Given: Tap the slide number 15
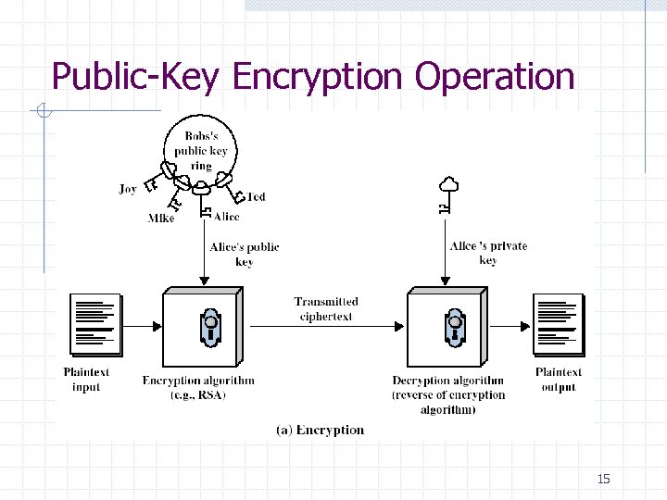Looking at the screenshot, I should pos(604,479).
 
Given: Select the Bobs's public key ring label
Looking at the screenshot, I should pos(201,151).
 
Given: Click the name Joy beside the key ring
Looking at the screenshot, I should pos(128,189).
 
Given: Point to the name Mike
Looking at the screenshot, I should pos(161,219).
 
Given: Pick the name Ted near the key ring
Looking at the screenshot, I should pos(256,197).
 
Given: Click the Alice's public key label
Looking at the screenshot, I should pos(245,254).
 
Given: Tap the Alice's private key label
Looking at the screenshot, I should pos(488,253).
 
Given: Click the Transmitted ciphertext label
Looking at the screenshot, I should pos(326,308).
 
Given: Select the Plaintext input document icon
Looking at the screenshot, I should pos(95,324).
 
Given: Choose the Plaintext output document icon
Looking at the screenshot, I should pos(558,324).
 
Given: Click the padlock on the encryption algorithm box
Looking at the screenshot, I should pos(211,327).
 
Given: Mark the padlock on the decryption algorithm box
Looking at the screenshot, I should pos(455,327).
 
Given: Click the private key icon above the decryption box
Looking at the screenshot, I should pos(446,194).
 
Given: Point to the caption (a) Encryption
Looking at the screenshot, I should pos(321,430).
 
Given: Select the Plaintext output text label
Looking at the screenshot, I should pos(559,380).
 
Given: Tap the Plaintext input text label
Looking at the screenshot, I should pos(86,380).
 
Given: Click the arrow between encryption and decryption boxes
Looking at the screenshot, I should pos(326,326).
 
